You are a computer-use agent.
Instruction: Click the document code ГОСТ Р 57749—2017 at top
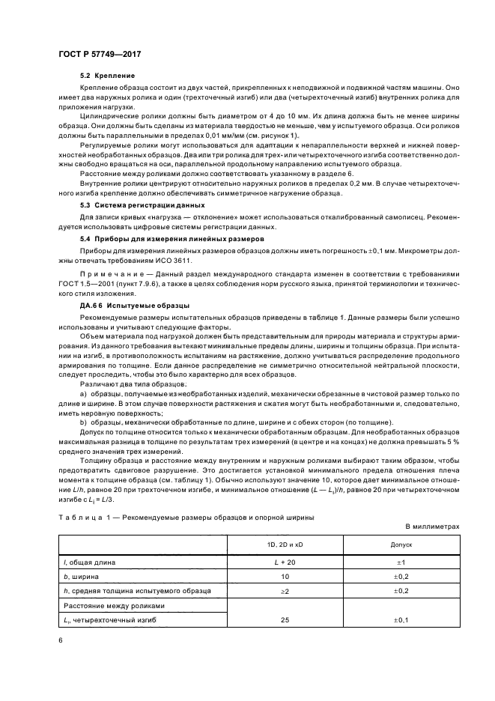[100, 55]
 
